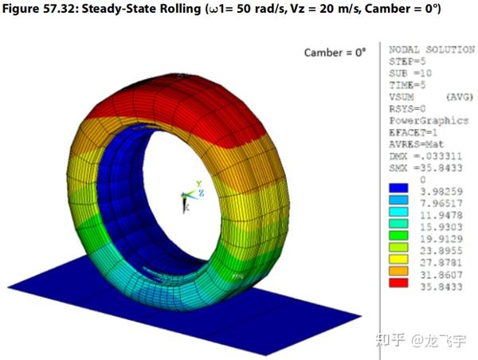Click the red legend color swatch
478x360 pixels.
point(398,282)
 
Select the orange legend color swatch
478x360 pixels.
point(398,271)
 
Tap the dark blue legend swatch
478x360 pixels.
point(398,188)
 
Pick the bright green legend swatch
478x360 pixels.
point(398,235)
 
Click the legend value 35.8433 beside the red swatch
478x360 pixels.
point(441,287)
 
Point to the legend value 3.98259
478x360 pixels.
point(441,191)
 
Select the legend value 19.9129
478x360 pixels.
point(441,239)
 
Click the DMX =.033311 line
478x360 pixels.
point(425,156)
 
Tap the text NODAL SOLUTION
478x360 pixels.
point(432,49)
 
